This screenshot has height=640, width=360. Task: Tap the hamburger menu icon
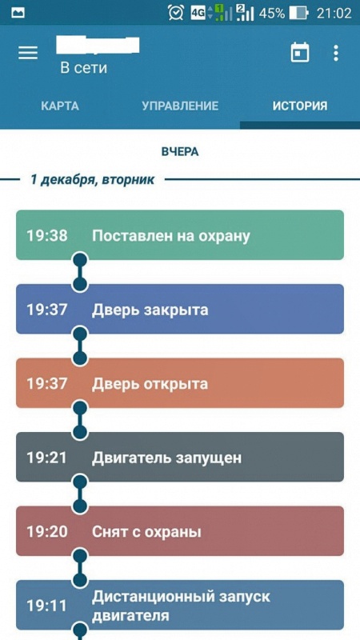pos(28,53)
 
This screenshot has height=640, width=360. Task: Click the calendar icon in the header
pos(299,53)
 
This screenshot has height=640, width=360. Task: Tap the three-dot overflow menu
pos(335,53)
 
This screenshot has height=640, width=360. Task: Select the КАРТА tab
pos(59,106)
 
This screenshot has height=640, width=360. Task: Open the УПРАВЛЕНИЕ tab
pos(180,106)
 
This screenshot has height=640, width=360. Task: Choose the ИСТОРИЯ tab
pos(300,106)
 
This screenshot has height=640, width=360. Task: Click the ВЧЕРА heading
pos(180,152)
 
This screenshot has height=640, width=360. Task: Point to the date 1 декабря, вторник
pos(93,179)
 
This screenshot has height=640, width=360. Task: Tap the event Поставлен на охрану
pos(170,235)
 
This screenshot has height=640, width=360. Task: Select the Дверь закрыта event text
pos(150,310)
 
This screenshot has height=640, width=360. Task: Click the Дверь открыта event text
pos(150,384)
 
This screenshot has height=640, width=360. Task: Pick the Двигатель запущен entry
pos(166,458)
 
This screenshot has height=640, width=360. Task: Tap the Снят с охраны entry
pos(146,532)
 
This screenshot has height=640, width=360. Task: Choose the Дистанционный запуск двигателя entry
pos(181,606)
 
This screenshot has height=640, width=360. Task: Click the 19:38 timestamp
pos(47,235)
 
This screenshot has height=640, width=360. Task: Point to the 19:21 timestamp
pos(47,458)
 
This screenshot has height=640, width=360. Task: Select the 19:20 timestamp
pos(47,532)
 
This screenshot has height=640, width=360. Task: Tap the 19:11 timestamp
pos(47,606)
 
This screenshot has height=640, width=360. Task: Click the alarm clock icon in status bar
pos(176,13)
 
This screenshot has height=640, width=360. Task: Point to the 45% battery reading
pos(271,14)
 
